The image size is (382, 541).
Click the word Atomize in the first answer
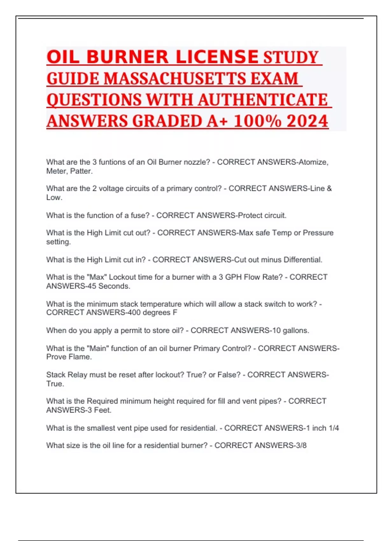pos(313,162)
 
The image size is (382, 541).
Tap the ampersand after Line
pos(329,188)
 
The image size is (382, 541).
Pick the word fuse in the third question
pos(140,215)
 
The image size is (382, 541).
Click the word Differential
pos(303,260)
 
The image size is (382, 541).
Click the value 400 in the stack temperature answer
pos(134,313)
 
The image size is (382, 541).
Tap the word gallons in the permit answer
pos(296,330)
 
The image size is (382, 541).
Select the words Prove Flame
pos(69,357)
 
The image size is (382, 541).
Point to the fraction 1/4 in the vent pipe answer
pos(334,428)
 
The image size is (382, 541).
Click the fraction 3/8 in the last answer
pos(301,445)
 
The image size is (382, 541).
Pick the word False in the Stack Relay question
pos(229,375)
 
